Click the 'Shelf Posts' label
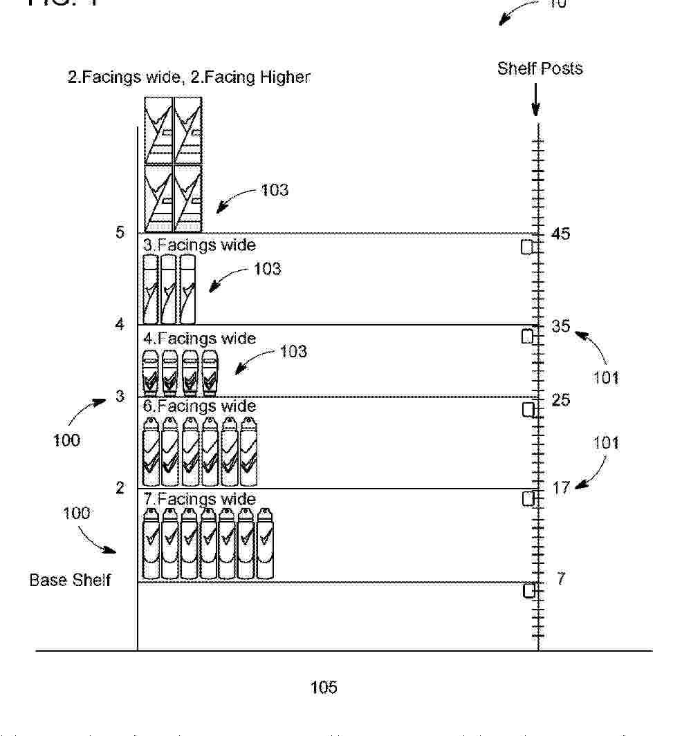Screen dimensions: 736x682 [x=540, y=68]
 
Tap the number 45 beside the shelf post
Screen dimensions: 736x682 [x=561, y=234]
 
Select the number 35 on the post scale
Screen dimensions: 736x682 [x=561, y=325]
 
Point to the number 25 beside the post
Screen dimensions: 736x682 [x=561, y=400]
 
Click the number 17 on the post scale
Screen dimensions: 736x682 [x=561, y=488]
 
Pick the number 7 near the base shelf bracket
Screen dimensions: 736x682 [x=561, y=579]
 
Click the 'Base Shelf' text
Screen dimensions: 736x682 [x=70, y=580]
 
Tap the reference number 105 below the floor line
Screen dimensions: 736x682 [x=324, y=687]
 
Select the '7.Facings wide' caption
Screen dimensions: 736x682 [x=199, y=499]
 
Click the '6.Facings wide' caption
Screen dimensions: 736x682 [x=199, y=406]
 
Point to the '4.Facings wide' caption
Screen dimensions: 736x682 [x=199, y=339]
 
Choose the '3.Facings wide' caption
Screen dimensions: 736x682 [x=199, y=245]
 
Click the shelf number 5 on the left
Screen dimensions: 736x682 [x=120, y=232]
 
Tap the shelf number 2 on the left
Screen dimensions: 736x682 [x=120, y=488]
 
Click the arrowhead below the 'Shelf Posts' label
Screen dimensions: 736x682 [x=535, y=110]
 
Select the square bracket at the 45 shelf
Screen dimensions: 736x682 [x=527, y=247]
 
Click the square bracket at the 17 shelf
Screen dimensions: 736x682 [x=528, y=498]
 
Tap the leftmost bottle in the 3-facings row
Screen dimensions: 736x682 [x=150, y=290]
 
